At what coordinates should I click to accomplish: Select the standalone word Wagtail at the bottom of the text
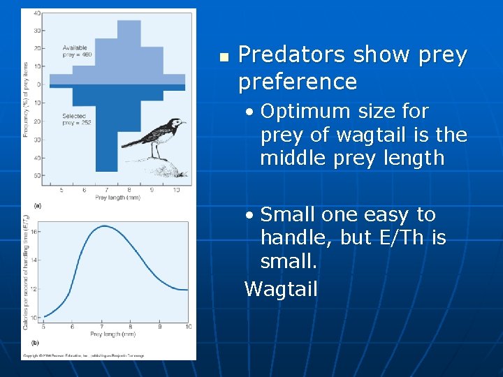281,289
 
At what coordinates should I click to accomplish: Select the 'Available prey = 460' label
76,50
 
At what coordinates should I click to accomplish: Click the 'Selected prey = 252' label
76,119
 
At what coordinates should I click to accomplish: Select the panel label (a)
37,205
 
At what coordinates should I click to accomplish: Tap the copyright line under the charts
84,355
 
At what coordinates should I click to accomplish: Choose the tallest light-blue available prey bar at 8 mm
129,49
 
